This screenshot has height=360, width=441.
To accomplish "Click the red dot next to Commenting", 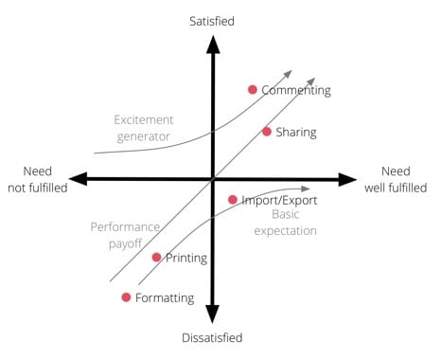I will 253,90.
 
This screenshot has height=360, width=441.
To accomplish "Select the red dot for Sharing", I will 267,132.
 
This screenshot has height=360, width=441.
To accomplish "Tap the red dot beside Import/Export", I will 233,200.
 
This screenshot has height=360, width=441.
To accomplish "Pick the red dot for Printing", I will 156,257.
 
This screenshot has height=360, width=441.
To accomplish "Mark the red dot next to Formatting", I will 126,297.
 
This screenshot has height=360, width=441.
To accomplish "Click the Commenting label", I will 296,91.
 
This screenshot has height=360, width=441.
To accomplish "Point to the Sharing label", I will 296,133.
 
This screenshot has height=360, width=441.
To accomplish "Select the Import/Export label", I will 278,200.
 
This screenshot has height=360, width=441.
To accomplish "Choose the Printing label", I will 186,258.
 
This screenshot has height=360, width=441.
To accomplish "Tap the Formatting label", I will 165,298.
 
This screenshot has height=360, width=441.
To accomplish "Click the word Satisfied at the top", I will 212,20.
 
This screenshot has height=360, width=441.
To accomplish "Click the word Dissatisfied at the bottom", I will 213,338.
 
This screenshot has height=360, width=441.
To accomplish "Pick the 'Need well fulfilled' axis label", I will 396,179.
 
